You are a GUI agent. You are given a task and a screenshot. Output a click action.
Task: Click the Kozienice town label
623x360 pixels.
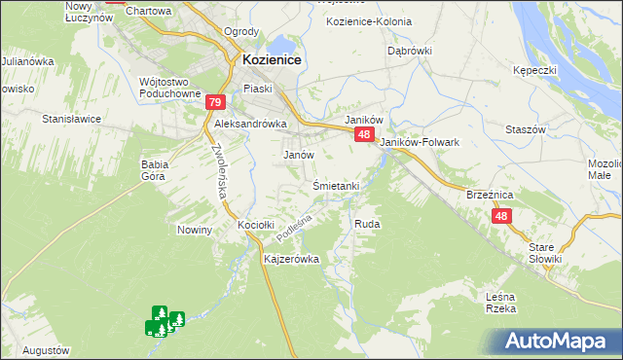pyautogui.click(x=270, y=60)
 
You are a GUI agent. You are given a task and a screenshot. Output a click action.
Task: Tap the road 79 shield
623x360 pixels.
pyautogui.click(x=215, y=102)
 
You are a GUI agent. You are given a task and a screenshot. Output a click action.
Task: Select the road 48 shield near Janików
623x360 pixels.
pyautogui.click(x=363, y=135)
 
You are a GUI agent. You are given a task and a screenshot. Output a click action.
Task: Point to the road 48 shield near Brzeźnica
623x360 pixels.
pyautogui.click(x=501, y=216)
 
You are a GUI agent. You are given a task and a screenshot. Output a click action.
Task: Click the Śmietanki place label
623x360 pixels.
pyautogui.click(x=337, y=185)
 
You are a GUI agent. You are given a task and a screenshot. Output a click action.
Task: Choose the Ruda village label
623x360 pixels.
pyautogui.click(x=367, y=224)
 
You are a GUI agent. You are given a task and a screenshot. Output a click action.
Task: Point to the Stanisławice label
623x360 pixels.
pyautogui.click(x=71, y=119)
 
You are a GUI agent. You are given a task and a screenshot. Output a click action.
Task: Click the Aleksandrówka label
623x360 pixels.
pyautogui.click(x=250, y=125)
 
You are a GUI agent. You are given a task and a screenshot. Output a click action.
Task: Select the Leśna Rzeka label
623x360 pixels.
pyautogui.click(x=499, y=302)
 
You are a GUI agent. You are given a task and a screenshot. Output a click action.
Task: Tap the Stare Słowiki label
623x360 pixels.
pyautogui.click(x=545, y=253)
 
